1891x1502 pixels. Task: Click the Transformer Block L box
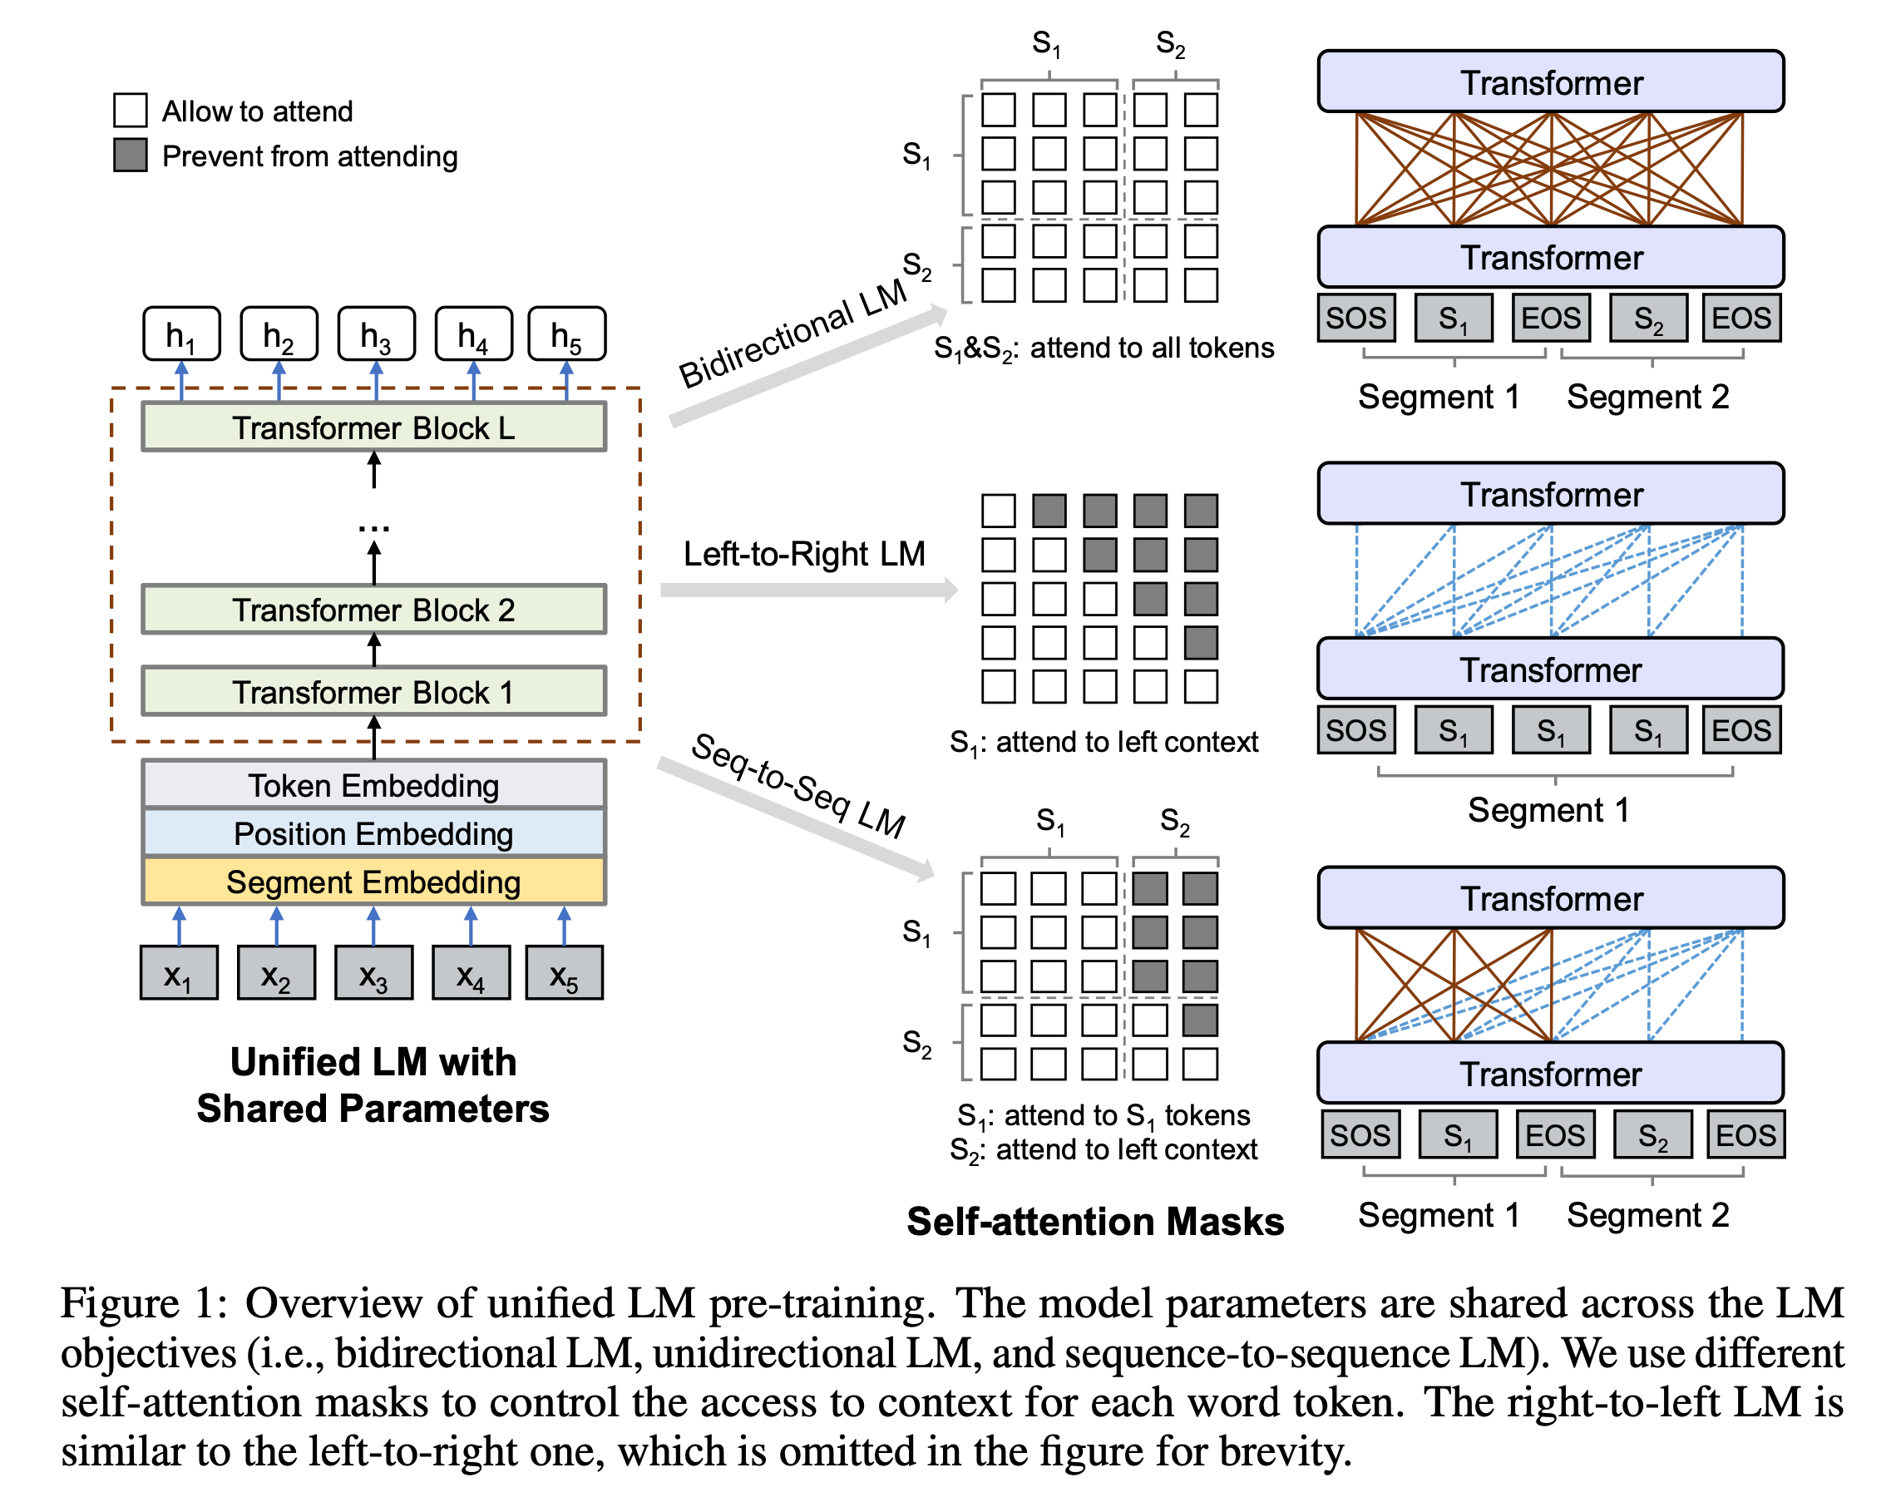click(x=373, y=427)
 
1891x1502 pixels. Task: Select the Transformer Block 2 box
click(x=373, y=609)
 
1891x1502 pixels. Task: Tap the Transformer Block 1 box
click(x=373, y=691)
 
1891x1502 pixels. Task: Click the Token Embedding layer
click(x=373, y=784)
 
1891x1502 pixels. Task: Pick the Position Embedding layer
click(x=373, y=833)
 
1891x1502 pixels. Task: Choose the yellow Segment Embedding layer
click(x=373, y=881)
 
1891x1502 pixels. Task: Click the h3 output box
click(x=376, y=334)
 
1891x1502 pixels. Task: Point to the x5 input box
click(x=564, y=973)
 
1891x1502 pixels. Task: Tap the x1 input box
click(x=178, y=973)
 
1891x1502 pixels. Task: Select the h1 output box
click(x=181, y=334)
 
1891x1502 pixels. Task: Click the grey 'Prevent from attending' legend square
click(x=131, y=156)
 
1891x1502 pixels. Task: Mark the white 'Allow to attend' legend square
click(x=131, y=111)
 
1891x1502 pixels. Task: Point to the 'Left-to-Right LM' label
click(x=803, y=554)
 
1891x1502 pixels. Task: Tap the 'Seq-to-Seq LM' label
click(x=798, y=784)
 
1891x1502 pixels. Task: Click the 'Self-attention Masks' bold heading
click(x=1094, y=1220)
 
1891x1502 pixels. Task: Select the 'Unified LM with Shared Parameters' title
click(x=373, y=1085)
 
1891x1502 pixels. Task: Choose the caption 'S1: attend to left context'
click(x=1103, y=742)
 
